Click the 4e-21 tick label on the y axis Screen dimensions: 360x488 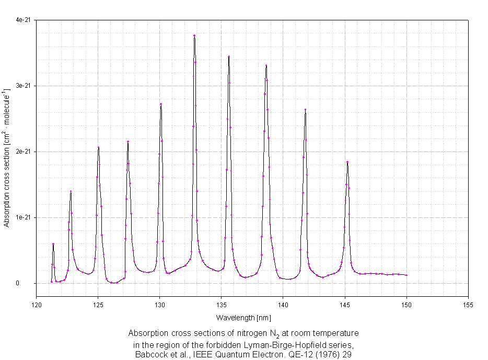(23, 20)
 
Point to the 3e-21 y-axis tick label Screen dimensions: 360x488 (23, 86)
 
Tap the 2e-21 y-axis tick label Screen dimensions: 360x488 (23, 152)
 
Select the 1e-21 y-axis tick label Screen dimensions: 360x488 (23, 217)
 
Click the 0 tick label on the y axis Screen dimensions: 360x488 (29, 283)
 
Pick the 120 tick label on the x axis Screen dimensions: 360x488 (36, 304)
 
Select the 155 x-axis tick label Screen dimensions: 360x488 (468, 304)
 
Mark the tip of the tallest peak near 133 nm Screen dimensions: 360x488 (194, 36)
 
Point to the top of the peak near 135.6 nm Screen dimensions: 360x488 (229, 56)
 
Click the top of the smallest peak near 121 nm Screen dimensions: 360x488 (53, 244)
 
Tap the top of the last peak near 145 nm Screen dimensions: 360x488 (347, 162)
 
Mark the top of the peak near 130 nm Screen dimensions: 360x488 (161, 104)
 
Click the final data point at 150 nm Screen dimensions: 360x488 (406, 275)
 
